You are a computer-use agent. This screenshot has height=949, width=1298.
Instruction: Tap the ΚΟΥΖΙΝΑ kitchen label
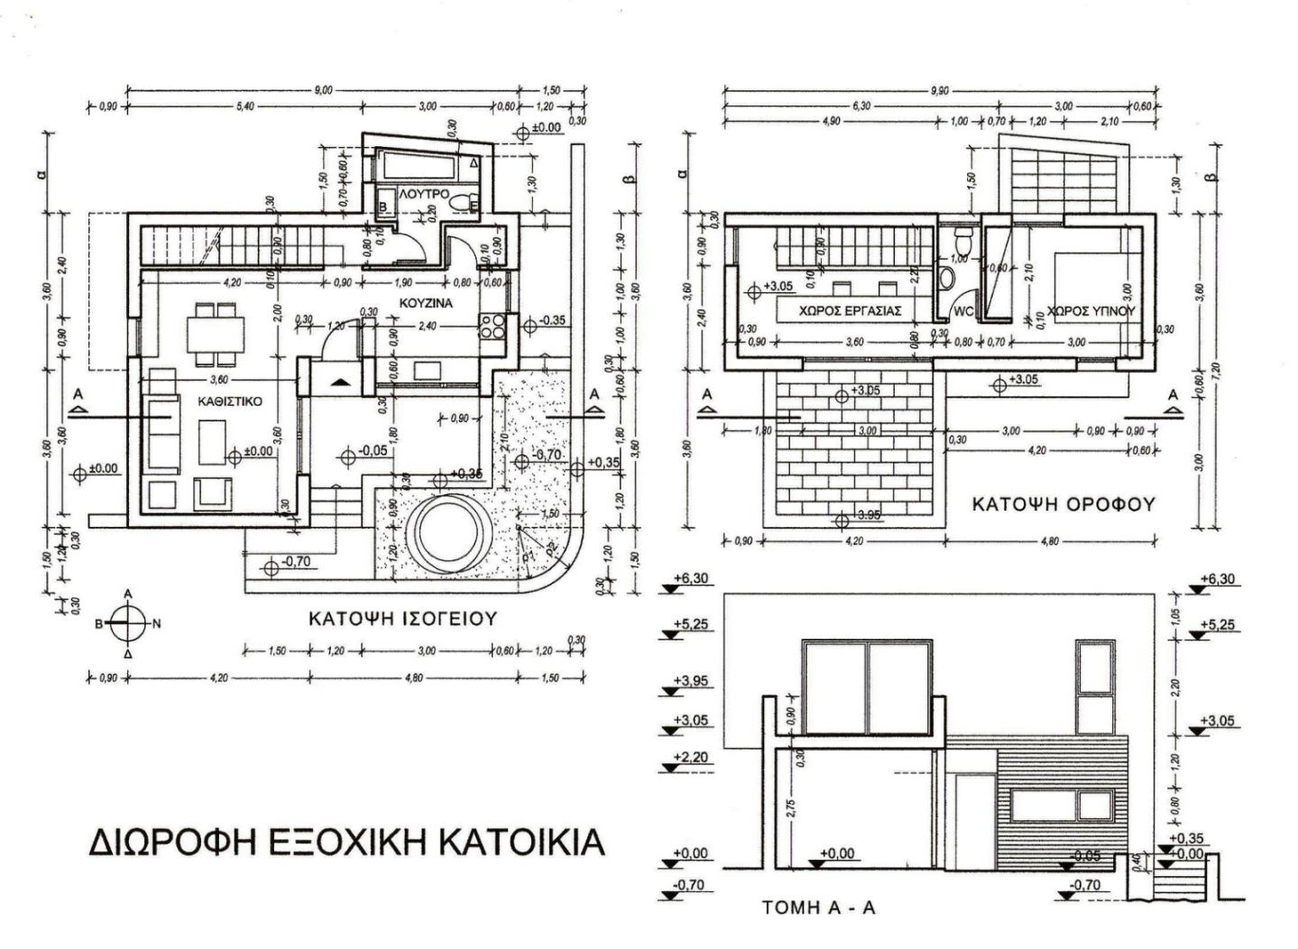[x=426, y=303]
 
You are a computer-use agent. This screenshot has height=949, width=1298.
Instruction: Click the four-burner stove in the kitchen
[x=493, y=326]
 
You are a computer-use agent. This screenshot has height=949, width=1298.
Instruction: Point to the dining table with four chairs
[x=216, y=330]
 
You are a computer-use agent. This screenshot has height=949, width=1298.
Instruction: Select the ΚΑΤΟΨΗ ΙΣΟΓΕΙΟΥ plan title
[x=403, y=620]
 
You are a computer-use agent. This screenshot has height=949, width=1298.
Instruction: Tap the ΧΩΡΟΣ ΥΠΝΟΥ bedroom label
[x=1091, y=310]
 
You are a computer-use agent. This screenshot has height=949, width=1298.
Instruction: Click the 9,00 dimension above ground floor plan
[x=323, y=90]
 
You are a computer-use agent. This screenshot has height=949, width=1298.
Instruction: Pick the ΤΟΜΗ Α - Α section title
[x=819, y=908]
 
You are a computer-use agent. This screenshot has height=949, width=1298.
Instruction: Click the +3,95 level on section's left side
[x=690, y=682]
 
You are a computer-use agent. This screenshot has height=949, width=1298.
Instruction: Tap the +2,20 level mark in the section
[x=690, y=758]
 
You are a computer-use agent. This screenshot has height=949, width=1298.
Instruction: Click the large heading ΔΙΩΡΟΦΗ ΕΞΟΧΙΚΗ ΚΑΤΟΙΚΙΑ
[x=347, y=841]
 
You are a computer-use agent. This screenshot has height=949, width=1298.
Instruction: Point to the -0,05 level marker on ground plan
[x=372, y=450]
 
